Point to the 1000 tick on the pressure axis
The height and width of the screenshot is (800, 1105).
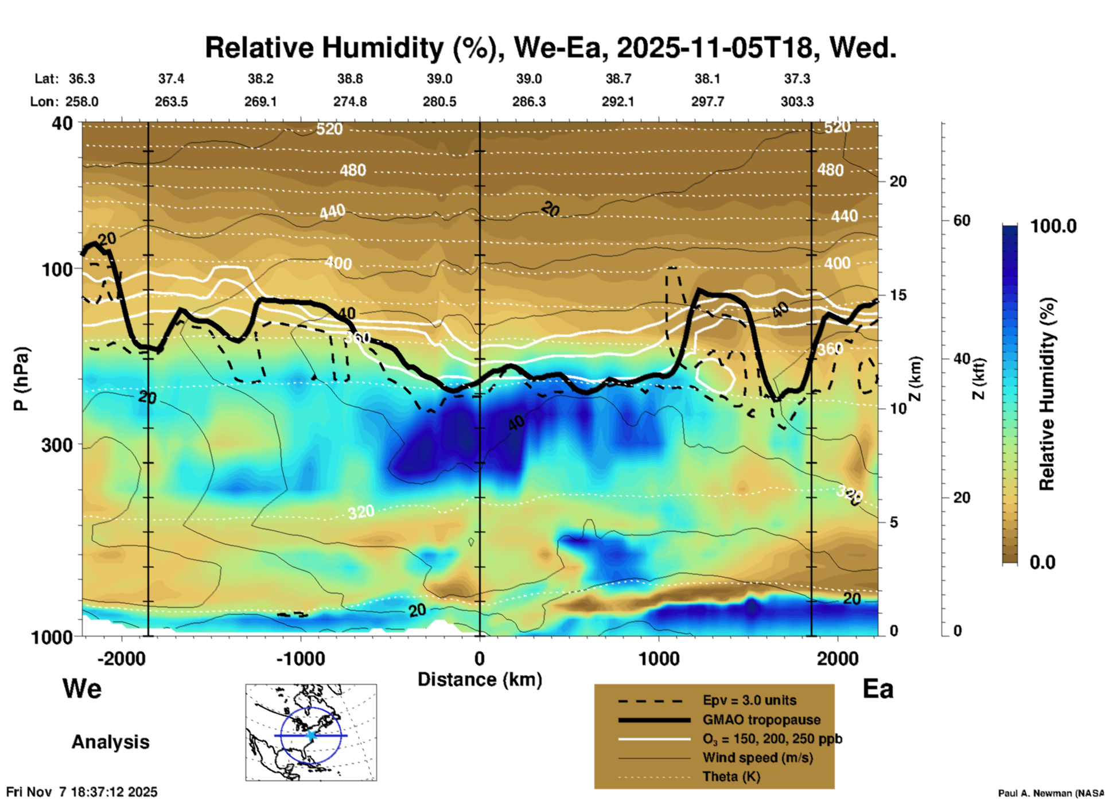tap(52, 637)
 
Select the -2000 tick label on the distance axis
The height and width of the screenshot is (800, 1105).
tap(121, 659)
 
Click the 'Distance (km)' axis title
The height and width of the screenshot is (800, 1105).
tap(480, 679)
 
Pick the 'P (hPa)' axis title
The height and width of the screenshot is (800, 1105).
tap(22, 379)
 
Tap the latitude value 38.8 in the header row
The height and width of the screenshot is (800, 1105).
tap(350, 79)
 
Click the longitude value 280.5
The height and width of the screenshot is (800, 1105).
tap(439, 102)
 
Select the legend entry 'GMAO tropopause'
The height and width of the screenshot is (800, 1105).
tap(761, 720)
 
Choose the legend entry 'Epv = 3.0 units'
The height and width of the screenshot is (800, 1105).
tap(749, 700)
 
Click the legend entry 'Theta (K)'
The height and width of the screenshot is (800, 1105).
tap(731, 776)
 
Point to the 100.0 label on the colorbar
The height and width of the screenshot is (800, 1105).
tap(1053, 226)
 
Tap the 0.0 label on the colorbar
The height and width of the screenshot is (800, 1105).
tap(1042, 562)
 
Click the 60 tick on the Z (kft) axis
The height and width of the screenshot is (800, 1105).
tap(962, 220)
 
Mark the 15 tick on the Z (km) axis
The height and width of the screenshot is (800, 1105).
tap(898, 295)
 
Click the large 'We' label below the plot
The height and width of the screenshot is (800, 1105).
tap(82, 688)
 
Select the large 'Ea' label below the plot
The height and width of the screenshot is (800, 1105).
tap(878, 689)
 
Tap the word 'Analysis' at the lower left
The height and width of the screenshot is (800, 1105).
tap(110, 742)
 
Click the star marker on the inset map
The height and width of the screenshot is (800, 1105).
tap(311, 735)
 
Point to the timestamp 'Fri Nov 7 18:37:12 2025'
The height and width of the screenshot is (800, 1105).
tap(81, 792)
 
